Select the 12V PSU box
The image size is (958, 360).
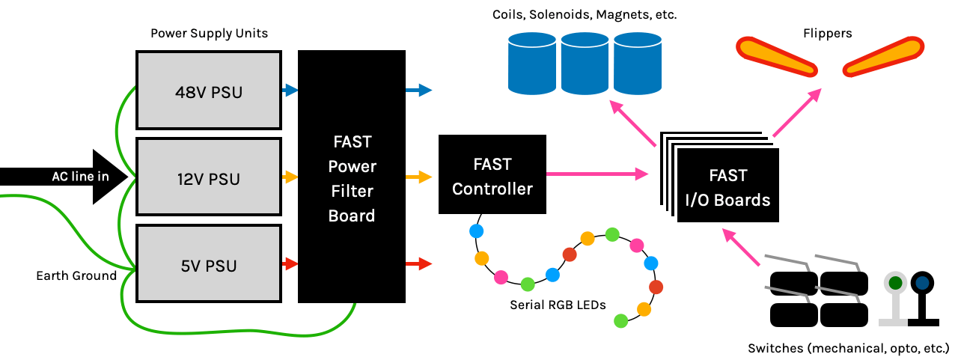pyautogui.click(x=208, y=180)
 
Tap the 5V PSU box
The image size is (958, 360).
pyautogui.click(x=208, y=266)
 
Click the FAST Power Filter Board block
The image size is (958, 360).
pyautogui.click(x=352, y=177)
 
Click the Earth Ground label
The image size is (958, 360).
pyautogui.click(x=76, y=275)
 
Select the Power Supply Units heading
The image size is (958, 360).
pyautogui.click(x=209, y=34)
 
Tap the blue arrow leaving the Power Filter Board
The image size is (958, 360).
pyautogui.click(x=419, y=91)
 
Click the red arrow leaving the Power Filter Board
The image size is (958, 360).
pyautogui.click(x=419, y=263)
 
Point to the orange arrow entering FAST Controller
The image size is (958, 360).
pyautogui.click(x=419, y=177)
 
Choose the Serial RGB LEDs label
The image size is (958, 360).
pyautogui.click(x=558, y=305)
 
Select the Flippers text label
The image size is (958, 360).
pyautogui.click(x=827, y=34)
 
